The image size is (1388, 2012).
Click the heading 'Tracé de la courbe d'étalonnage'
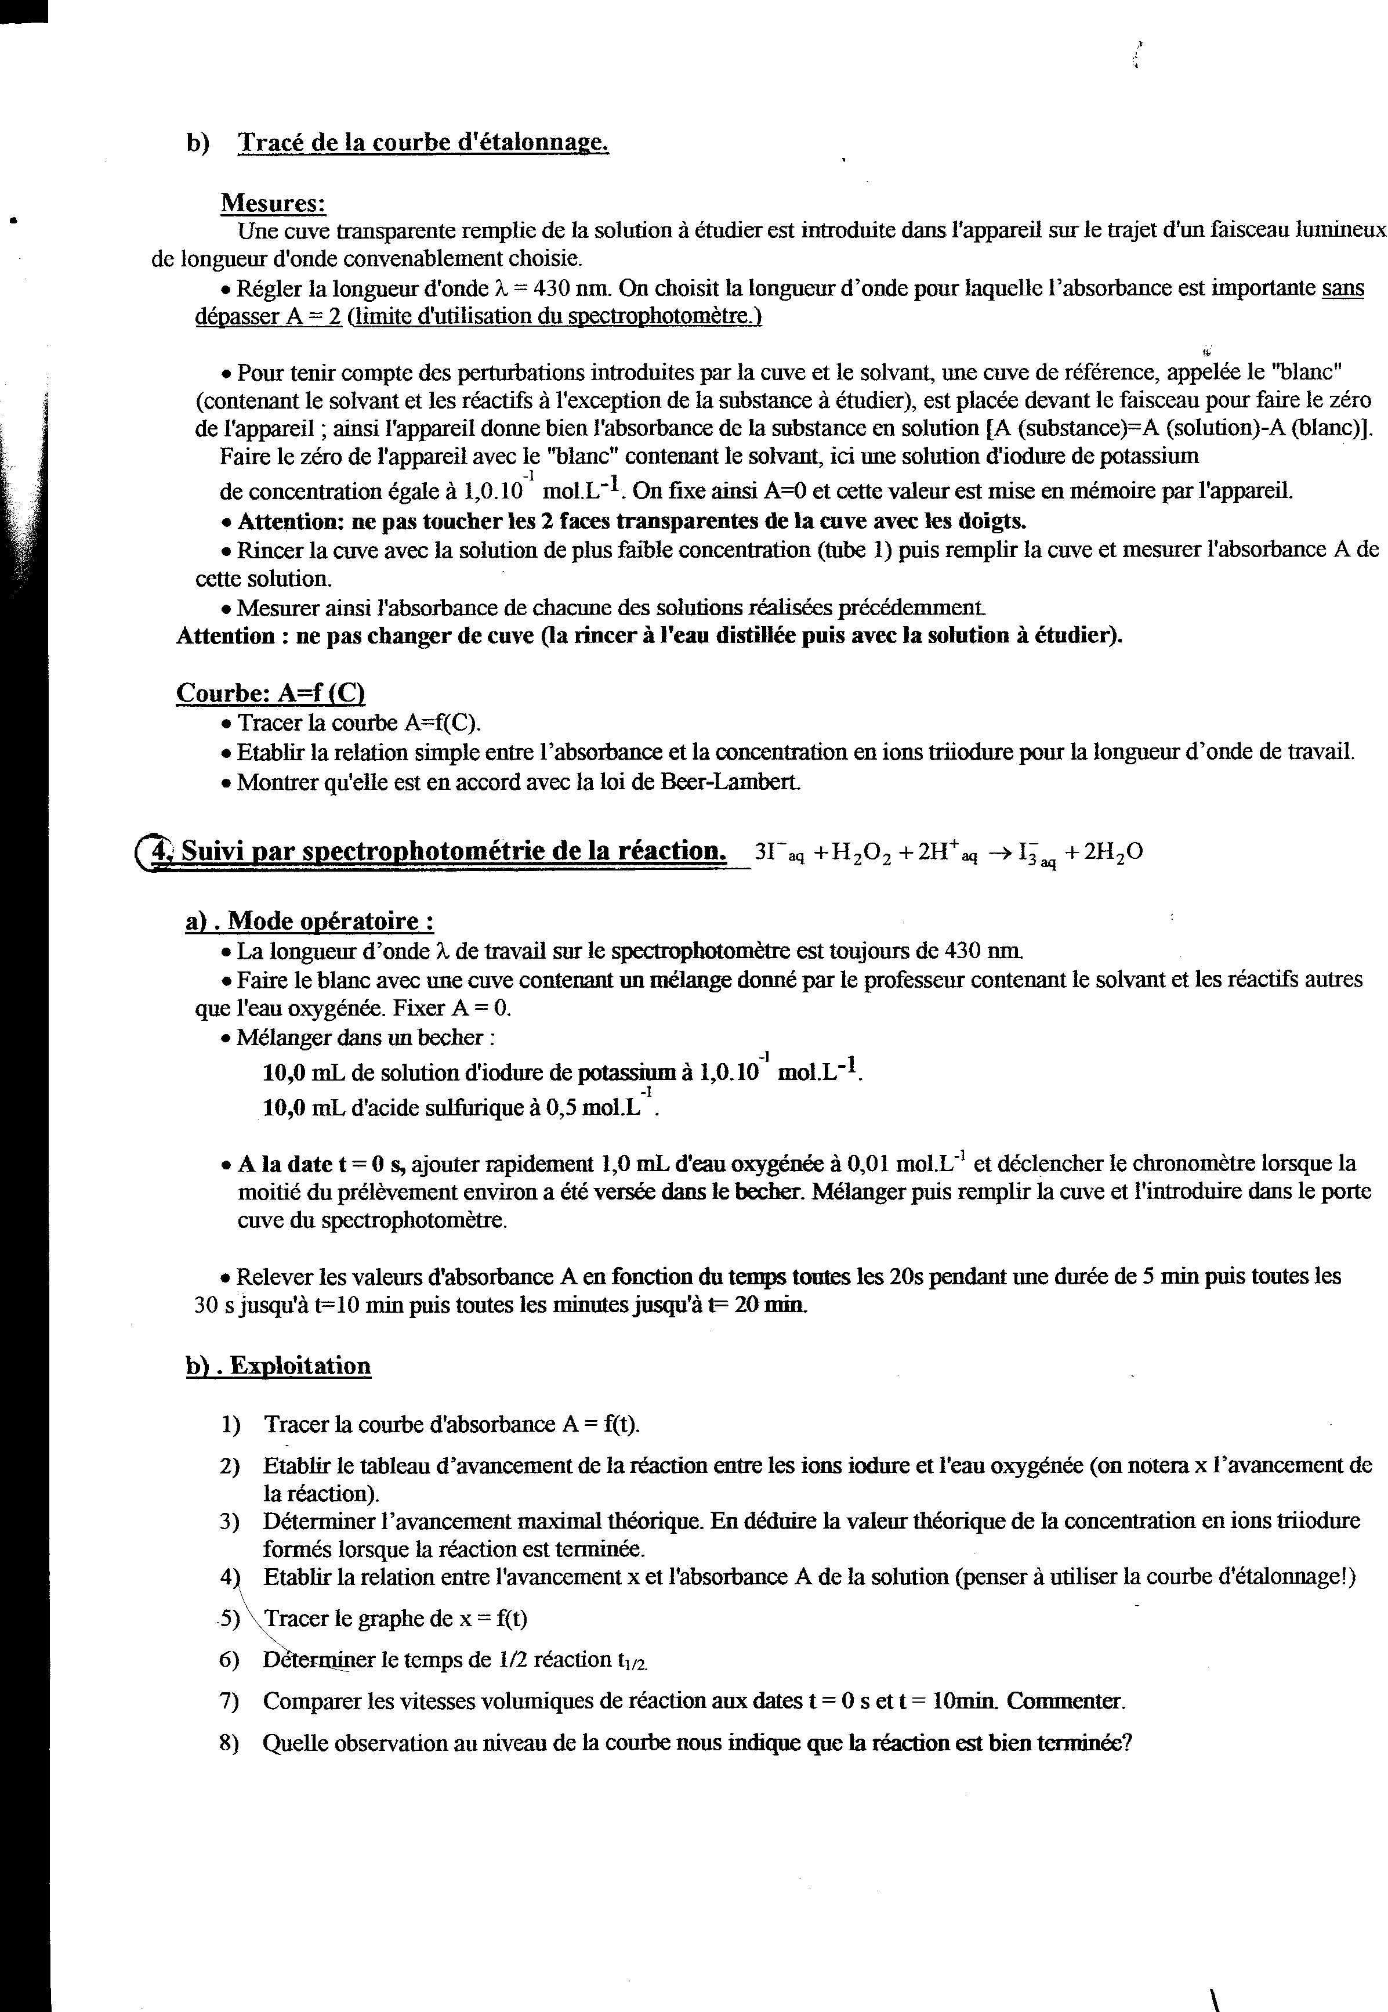(423, 143)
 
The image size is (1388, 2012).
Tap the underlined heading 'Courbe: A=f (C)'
(270, 693)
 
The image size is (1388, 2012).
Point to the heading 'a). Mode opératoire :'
(310, 921)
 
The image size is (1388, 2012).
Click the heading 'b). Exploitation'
(278, 1366)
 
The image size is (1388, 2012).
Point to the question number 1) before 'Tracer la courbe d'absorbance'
(230, 1424)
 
